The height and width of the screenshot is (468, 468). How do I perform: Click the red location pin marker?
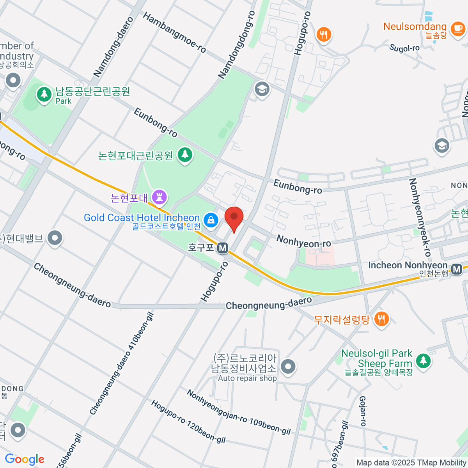point(234,218)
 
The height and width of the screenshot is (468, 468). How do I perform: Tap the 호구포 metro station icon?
point(223,248)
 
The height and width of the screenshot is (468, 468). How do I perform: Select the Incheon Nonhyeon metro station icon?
point(456,269)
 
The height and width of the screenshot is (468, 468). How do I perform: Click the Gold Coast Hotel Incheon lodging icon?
point(211,220)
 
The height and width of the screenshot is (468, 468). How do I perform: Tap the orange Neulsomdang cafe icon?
point(457,29)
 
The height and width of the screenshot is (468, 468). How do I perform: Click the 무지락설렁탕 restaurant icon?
point(381,319)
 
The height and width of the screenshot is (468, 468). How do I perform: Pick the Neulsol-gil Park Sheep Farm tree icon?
point(423,360)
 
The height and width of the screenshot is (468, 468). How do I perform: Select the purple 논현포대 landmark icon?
point(159,197)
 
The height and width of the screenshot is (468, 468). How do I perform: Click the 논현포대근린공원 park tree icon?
point(185,155)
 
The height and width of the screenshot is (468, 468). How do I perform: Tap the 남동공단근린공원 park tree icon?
point(44,94)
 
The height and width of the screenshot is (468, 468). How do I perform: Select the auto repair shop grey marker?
point(288,367)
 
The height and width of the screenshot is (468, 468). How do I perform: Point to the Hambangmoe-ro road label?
point(174,32)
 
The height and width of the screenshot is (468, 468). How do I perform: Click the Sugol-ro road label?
point(404,48)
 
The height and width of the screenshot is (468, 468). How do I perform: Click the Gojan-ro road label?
point(363,411)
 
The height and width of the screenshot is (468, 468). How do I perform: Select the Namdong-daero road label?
point(113,46)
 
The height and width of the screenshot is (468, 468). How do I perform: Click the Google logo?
point(25,459)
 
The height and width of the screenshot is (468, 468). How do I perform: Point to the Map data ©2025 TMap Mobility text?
point(411,463)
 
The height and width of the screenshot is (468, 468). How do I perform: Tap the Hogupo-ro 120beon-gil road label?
point(188,422)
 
